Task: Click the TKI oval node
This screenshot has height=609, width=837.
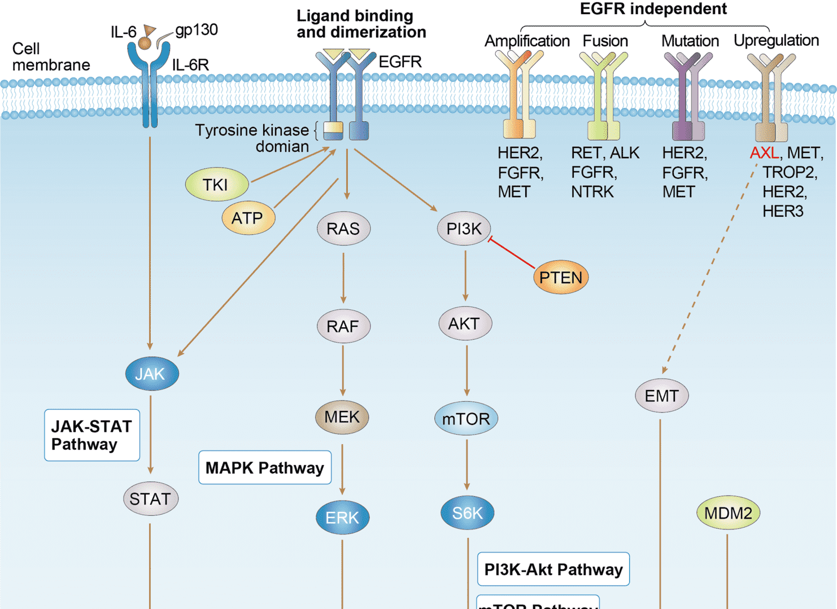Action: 217,185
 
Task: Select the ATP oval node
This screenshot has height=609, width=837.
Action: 249,218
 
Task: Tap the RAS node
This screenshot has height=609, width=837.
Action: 343,229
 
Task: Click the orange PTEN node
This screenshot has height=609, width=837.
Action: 560,278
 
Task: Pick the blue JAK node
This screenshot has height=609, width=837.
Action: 151,374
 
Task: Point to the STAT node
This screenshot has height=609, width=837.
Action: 151,499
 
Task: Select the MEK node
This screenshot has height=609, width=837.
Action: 342,417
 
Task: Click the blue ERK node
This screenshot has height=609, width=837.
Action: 342,518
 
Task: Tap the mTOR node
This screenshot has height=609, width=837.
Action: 466,419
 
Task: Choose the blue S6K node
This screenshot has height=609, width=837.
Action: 467,513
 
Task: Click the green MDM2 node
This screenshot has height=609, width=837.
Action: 728,513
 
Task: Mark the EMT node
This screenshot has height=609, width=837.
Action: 661,396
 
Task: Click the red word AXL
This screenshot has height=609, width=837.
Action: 764,153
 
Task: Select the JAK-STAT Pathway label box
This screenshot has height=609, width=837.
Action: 92,435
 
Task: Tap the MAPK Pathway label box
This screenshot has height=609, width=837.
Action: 265,467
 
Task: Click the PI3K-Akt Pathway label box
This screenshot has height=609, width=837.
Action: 553,569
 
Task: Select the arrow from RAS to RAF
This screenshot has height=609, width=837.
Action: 343,278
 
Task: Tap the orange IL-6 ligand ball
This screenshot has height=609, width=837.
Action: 145,43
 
